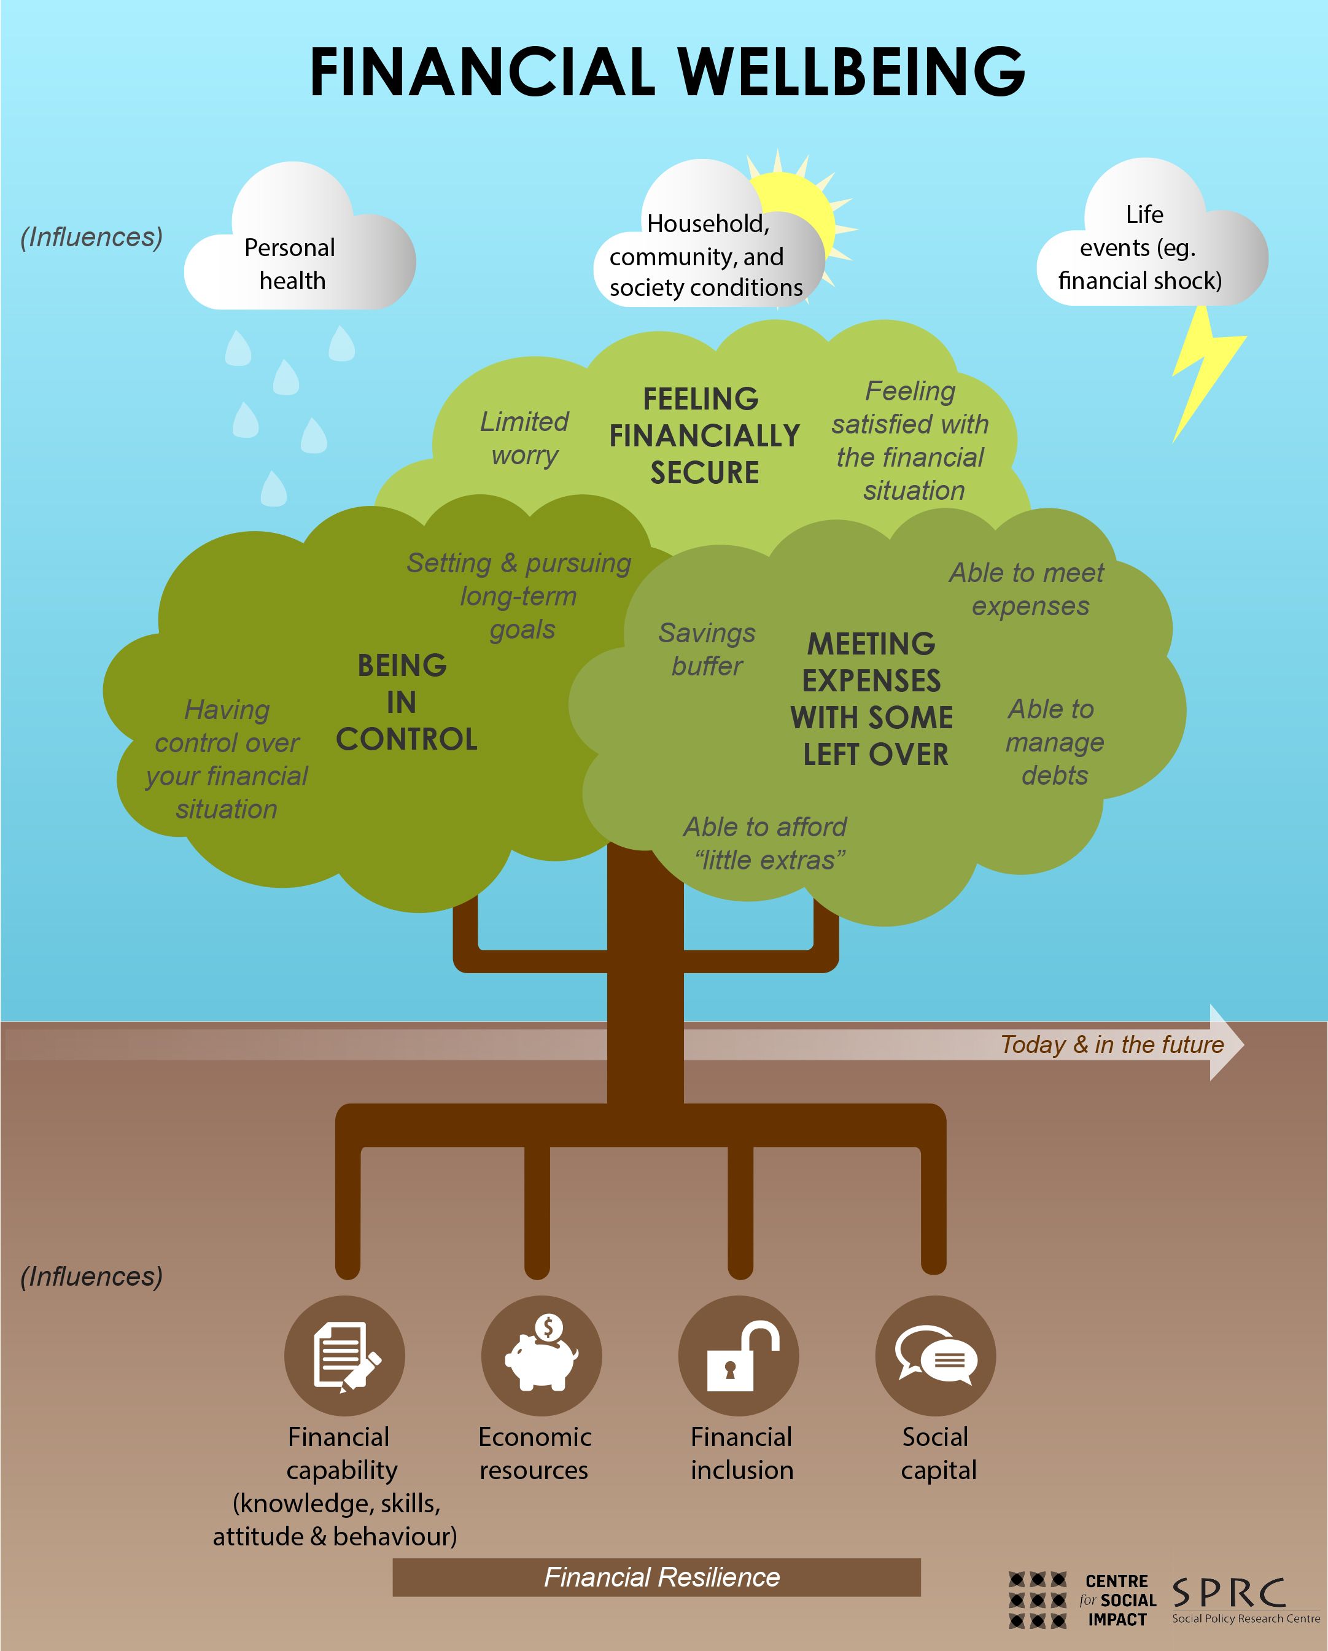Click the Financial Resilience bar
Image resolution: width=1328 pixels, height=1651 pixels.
click(656, 1577)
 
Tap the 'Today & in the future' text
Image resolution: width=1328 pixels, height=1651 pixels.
click(1112, 1044)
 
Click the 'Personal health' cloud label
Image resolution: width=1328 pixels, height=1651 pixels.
click(291, 264)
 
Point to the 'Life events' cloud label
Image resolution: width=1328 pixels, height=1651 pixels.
click(1141, 247)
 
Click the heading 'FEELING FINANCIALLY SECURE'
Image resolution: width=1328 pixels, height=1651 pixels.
click(704, 436)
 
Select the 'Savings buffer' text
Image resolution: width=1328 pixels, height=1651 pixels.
click(707, 650)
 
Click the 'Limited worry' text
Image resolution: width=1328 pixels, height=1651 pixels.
click(524, 438)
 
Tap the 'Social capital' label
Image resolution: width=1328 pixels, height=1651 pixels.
click(938, 1453)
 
